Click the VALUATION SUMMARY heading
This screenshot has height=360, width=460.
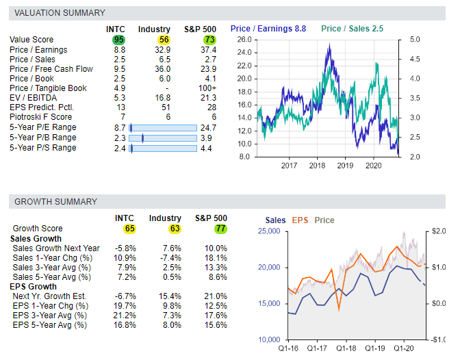[60, 12]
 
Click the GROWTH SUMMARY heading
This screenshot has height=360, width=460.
[56, 201]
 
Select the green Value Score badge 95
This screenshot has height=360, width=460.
[120, 40]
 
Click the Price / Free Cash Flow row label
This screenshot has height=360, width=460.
[51, 68]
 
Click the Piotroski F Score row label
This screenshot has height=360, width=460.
[41, 118]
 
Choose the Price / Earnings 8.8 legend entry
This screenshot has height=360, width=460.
[268, 29]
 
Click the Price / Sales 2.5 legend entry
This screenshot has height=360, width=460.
[352, 29]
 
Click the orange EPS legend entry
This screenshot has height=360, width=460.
[300, 220]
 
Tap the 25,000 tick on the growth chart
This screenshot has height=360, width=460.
[270, 231]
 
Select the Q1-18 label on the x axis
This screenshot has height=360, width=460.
[346, 348]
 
